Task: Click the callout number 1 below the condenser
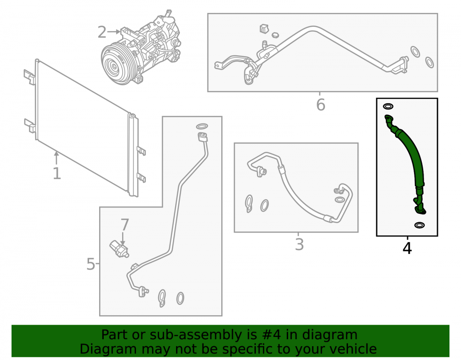click(x=57, y=173)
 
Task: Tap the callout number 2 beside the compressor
click(x=102, y=32)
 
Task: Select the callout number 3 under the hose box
click(x=299, y=244)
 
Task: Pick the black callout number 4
click(x=407, y=248)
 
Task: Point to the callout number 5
click(x=90, y=264)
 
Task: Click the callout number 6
click(x=320, y=105)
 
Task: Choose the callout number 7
click(x=124, y=225)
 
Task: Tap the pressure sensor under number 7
click(x=119, y=249)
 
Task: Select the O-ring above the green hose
click(x=388, y=106)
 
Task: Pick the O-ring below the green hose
click(x=419, y=225)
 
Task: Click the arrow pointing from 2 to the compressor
click(x=113, y=31)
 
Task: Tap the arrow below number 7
click(x=123, y=239)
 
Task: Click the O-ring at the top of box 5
click(x=202, y=126)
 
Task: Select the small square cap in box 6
click(x=264, y=28)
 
